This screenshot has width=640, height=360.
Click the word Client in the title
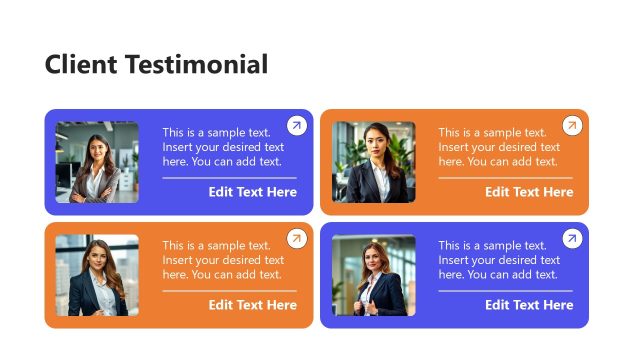click(82, 65)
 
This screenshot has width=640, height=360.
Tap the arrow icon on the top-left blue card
click(296, 125)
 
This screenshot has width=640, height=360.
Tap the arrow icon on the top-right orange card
click(572, 125)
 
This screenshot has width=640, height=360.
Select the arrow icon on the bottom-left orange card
click(296, 238)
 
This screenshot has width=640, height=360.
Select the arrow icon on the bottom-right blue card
click(572, 238)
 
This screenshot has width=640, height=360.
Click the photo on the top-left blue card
click(97, 162)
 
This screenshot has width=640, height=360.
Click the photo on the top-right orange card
click(373, 162)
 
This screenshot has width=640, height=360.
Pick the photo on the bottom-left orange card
click(97, 275)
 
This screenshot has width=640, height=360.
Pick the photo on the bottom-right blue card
click(373, 275)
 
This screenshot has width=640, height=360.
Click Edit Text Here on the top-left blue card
click(252, 192)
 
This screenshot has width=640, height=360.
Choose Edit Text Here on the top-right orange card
click(529, 192)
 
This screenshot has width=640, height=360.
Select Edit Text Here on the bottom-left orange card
click(252, 305)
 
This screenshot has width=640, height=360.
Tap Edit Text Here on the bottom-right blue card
click(529, 305)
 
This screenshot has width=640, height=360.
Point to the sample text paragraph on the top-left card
click(222, 147)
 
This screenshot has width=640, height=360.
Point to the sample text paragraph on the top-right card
click(498, 147)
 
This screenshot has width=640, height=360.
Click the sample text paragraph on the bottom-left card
click(222, 260)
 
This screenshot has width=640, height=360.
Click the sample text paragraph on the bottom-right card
click(498, 260)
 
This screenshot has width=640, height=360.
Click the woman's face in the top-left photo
click(97, 146)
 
